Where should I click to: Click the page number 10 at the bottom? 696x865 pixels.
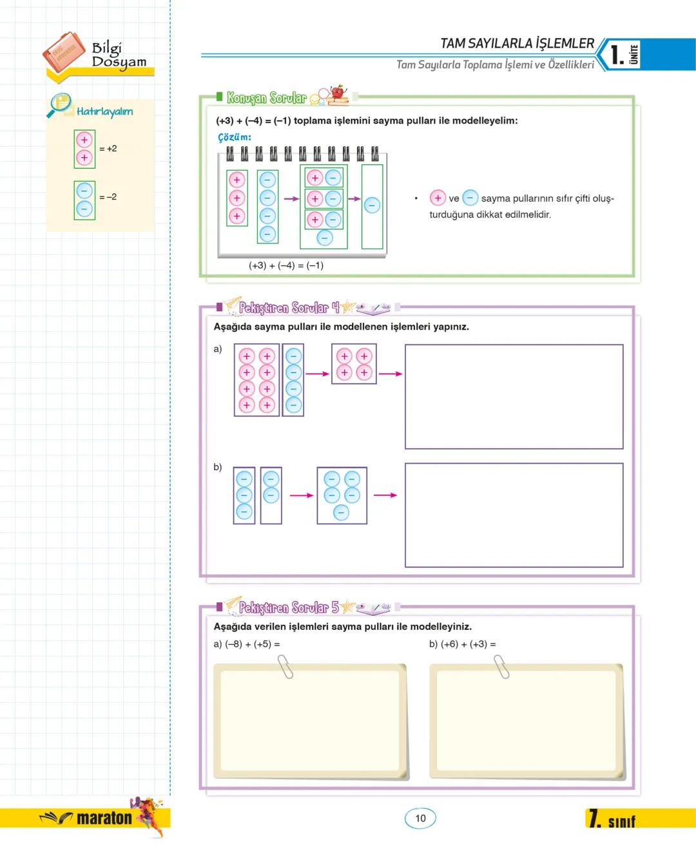[420, 818]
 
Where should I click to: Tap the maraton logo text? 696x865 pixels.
[104, 819]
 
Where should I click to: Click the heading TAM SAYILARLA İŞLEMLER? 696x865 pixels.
[517, 43]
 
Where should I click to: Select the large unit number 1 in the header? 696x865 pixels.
[617, 55]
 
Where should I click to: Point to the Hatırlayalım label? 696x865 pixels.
[104, 111]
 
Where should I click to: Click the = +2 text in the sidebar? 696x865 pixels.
[108, 149]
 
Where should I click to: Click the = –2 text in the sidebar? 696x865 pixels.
[108, 197]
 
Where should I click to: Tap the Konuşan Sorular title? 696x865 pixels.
[266, 98]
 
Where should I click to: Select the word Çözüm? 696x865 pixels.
[235, 137]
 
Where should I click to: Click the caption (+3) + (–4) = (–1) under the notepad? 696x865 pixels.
[286, 265]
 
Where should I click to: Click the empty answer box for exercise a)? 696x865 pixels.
[514, 396]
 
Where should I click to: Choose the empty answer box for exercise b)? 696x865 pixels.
[514, 515]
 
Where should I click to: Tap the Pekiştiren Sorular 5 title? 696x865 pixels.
[288, 607]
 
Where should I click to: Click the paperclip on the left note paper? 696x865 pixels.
[284, 667]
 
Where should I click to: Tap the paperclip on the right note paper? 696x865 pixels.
[501, 667]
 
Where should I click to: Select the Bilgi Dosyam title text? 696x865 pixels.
[119, 55]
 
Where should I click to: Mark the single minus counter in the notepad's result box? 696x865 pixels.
[372, 205]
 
